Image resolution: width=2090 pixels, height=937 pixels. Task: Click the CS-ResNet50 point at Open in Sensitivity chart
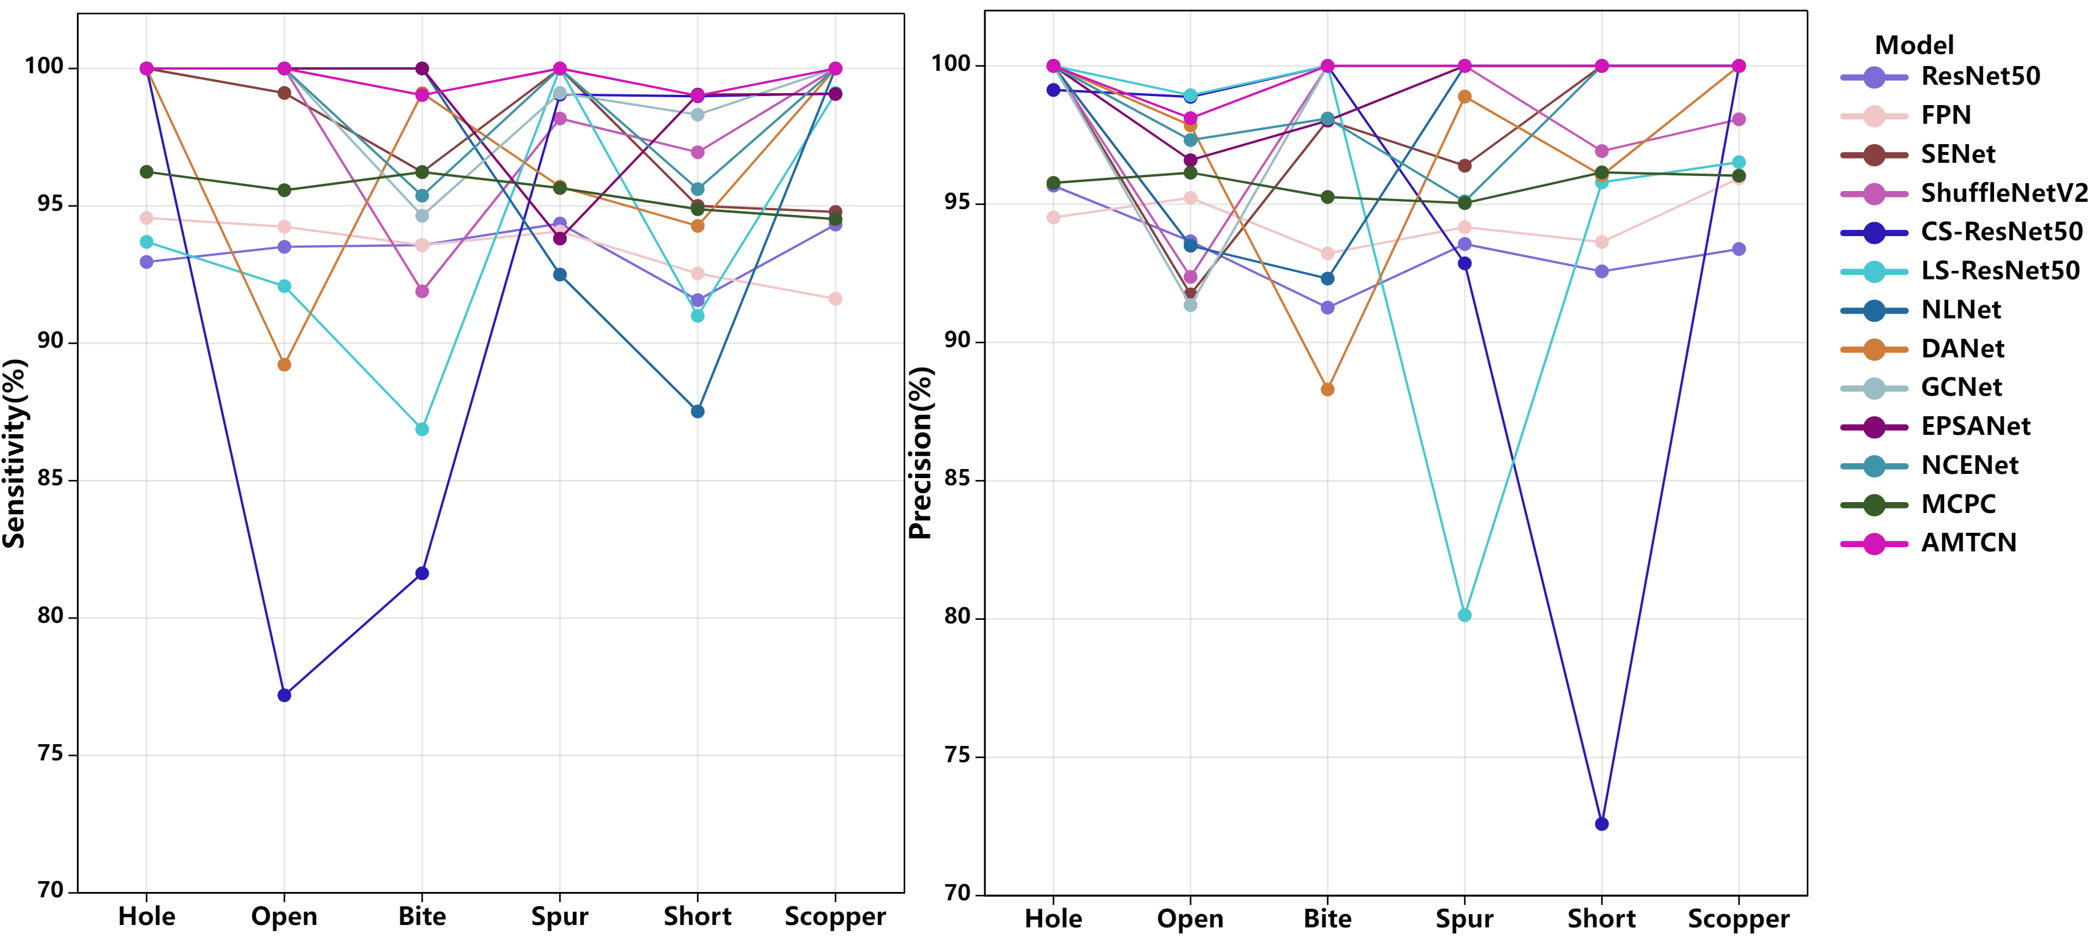(x=284, y=696)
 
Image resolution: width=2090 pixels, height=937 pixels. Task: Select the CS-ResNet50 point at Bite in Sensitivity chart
(x=422, y=574)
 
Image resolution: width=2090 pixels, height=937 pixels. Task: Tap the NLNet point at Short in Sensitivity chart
(x=698, y=411)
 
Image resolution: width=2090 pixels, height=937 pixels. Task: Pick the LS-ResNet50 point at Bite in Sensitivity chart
(x=422, y=429)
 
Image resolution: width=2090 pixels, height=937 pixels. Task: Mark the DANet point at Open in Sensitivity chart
(x=284, y=365)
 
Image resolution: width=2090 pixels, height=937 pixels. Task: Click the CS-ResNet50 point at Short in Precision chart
(x=1602, y=824)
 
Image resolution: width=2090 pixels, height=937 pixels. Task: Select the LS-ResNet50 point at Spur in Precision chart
(x=1464, y=616)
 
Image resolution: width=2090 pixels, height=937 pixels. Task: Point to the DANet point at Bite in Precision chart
(x=1327, y=389)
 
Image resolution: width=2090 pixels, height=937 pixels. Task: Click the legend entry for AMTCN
(x=1968, y=543)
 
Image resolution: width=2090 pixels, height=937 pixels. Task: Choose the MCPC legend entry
(x=1958, y=504)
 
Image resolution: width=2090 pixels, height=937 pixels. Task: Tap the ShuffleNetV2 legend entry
(x=2002, y=193)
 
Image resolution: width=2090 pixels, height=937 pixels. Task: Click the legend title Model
(x=1914, y=44)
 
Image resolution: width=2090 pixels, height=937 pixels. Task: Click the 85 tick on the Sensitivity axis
(x=50, y=479)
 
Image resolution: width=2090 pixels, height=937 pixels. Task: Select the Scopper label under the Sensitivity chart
(x=835, y=917)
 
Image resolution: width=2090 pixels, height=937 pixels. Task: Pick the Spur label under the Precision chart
(x=1464, y=919)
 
